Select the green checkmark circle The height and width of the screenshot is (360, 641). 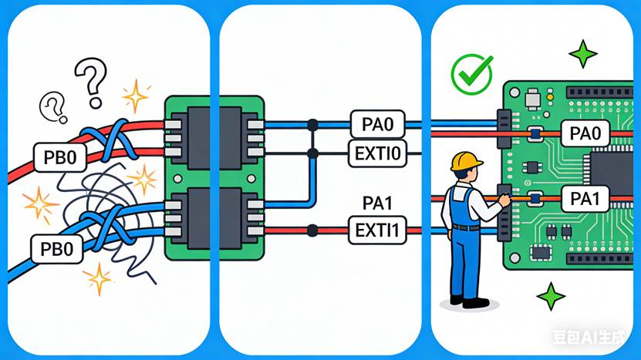pos(471,74)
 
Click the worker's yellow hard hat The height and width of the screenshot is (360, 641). pos(466,160)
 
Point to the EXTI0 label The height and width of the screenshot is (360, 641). pos(376,153)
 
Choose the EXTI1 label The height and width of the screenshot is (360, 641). pos(376,230)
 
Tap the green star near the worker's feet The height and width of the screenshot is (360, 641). pos(551,296)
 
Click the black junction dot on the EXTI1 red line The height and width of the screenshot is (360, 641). pos(312,230)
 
